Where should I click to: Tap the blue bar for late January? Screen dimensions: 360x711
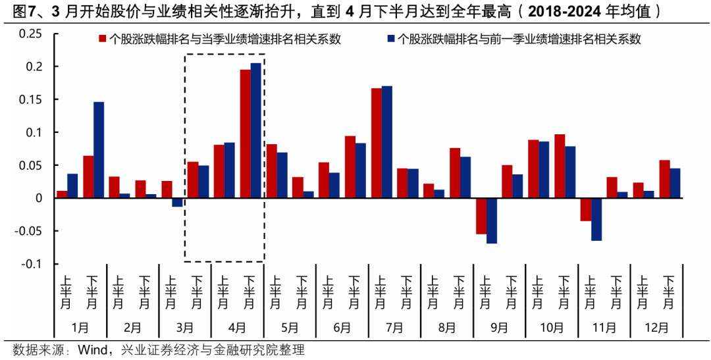[99, 150]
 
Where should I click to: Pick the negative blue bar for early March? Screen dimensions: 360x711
[177, 202]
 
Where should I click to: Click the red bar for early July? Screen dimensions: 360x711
[377, 143]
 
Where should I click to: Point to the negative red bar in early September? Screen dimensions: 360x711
[481, 216]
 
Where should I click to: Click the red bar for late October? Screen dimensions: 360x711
[560, 166]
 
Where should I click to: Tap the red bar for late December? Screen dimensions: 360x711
[664, 179]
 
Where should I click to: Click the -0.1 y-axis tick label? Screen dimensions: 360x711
[32, 264]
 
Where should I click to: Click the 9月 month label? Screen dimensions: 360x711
[499, 327]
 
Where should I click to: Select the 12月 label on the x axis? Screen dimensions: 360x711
[656, 327]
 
